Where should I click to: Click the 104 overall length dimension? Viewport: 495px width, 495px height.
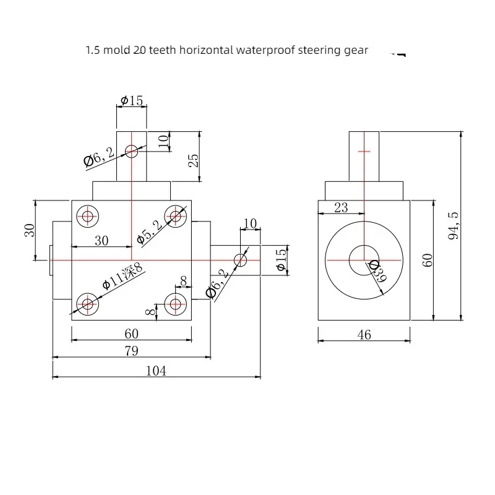pyautogui.click(x=156, y=371)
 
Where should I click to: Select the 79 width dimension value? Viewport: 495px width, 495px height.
pyautogui.click(x=131, y=351)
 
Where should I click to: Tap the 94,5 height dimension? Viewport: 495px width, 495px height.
pyautogui.click(x=454, y=225)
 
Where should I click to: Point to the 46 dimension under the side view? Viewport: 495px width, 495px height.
pyautogui.click(x=364, y=335)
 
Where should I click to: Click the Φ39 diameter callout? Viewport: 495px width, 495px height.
pyautogui.click(x=377, y=272)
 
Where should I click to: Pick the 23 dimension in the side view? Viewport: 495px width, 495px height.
pyautogui.click(x=341, y=207)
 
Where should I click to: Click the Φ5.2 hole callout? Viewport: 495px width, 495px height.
pyautogui.click(x=150, y=233)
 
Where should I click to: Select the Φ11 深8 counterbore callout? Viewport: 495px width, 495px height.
pyautogui.click(x=123, y=276)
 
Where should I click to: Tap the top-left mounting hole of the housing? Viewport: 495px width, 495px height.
pyautogui.click(x=88, y=217)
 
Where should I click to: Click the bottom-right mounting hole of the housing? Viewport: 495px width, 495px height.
pyautogui.click(x=176, y=304)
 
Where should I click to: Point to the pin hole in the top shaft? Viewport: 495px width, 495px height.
pyautogui.click(x=132, y=152)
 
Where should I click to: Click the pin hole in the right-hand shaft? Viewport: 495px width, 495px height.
pyautogui.click(x=240, y=260)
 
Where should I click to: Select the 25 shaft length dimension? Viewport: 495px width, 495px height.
pyautogui.click(x=193, y=160)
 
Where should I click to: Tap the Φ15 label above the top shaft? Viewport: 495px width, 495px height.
pyautogui.click(x=132, y=101)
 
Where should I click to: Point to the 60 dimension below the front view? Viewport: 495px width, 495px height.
pyautogui.click(x=131, y=334)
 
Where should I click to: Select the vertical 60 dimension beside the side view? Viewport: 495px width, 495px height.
pyautogui.click(x=428, y=260)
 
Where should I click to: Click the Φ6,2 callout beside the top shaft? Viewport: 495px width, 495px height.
pyautogui.click(x=99, y=157)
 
